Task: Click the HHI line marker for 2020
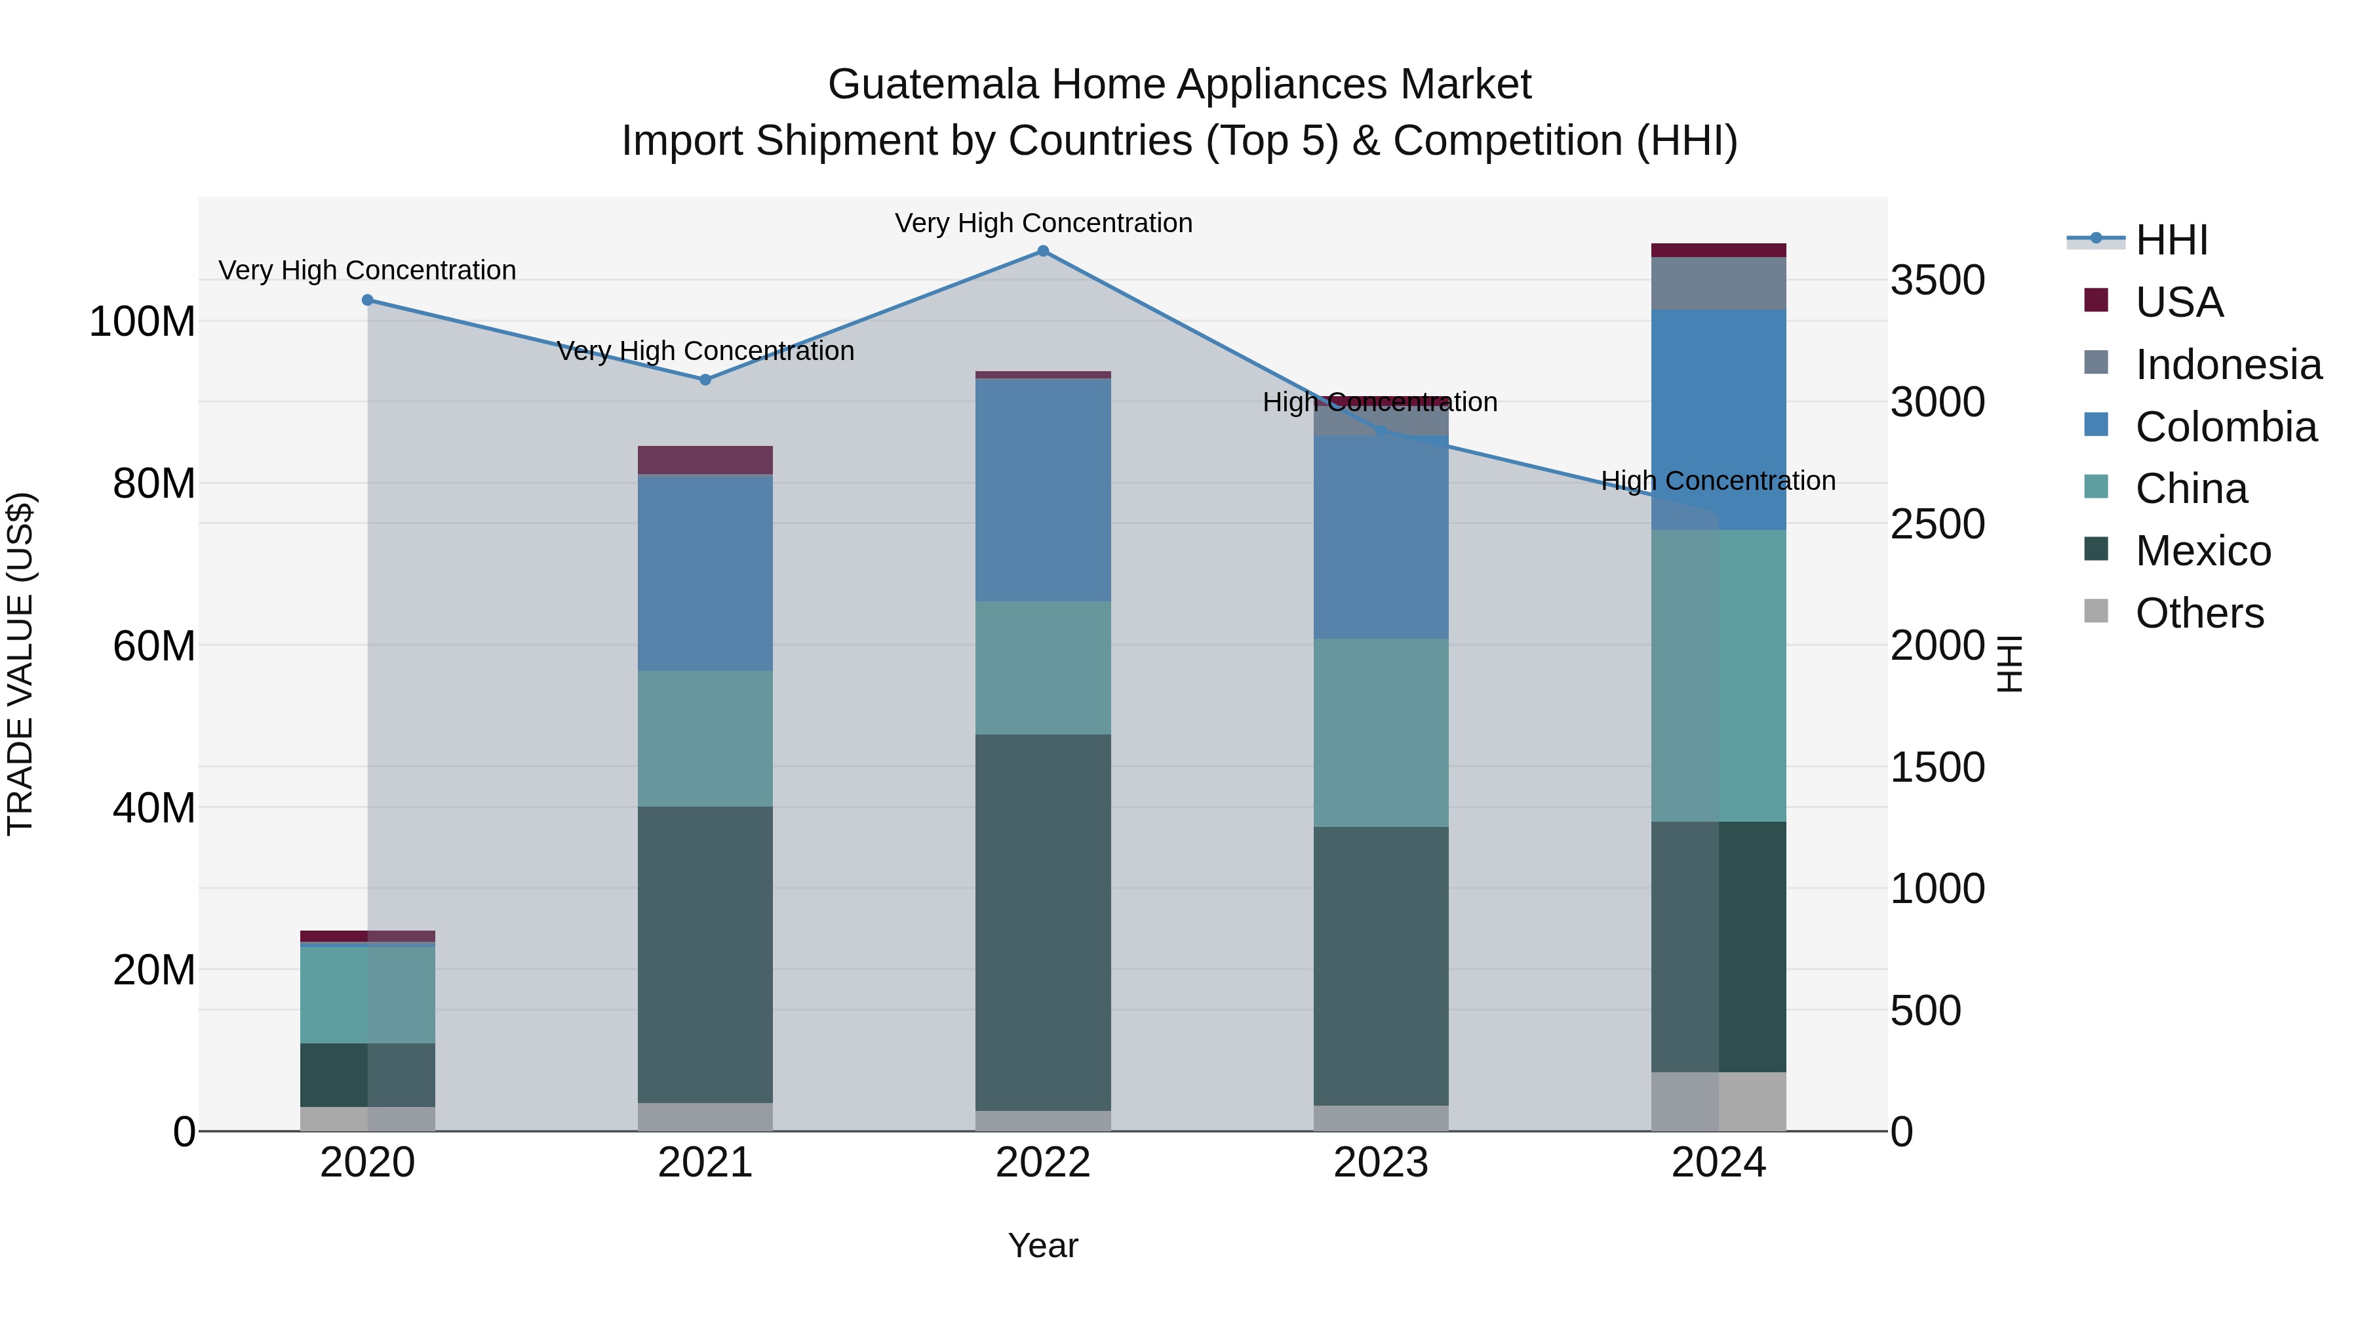tap(367, 300)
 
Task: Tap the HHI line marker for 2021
tap(705, 380)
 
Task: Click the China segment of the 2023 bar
tap(1381, 733)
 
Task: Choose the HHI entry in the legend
tap(2171, 240)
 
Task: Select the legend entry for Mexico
tap(2203, 551)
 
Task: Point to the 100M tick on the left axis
tap(142, 322)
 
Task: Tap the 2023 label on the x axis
tap(1381, 1163)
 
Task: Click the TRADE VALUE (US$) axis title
tap(20, 664)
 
